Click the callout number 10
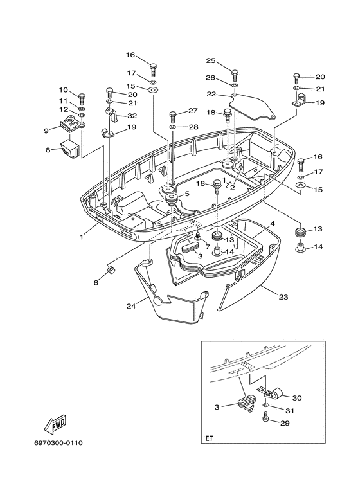click(x=64, y=89)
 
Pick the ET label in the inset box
click(x=209, y=439)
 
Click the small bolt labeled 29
click(x=266, y=419)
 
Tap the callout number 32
click(x=132, y=116)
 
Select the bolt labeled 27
click(x=173, y=116)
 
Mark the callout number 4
click(x=272, y=223)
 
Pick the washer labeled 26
click(x=235, y=85)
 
